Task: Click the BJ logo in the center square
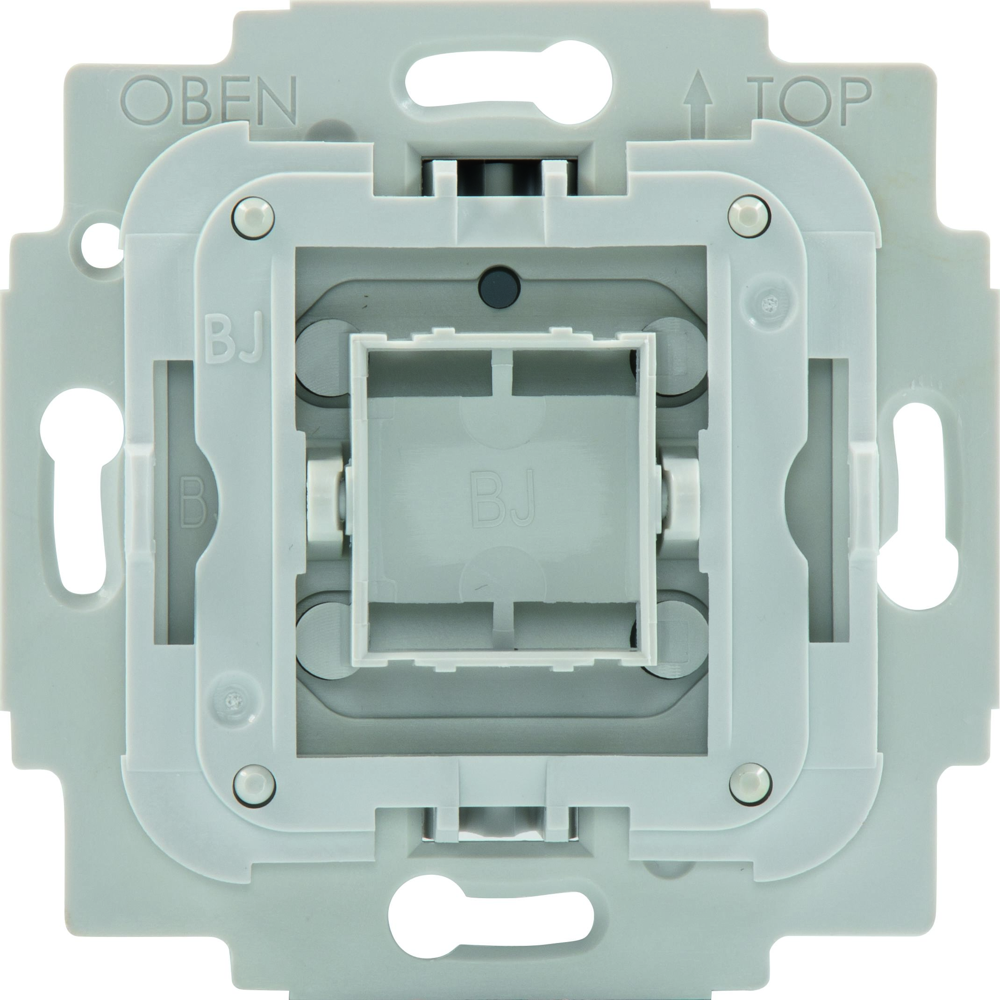pyautogui.click(x=500, y=499)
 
